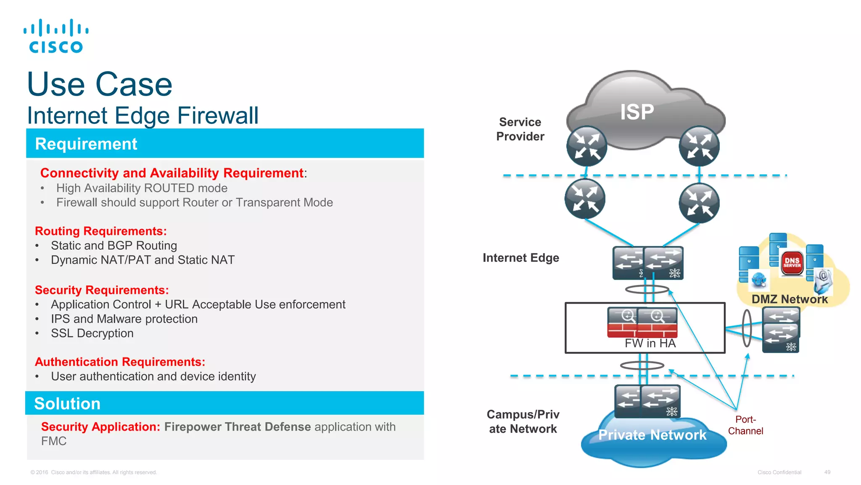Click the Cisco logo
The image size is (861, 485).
click(56, 36)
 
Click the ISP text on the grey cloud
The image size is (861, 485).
click(637, 112)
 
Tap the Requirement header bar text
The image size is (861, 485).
click(86, 144)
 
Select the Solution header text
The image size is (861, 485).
click(67, 404)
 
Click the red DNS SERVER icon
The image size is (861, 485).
click(792, 263)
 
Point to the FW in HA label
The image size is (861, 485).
click(650, 344)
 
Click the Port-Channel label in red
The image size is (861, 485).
click(745, 425)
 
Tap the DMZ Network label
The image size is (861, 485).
click(790, 299)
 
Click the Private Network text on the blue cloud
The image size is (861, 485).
click(652, 435)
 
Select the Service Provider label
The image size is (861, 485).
click(520, 129)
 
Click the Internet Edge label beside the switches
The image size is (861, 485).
click(521, 258)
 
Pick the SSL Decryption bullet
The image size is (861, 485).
click(92, 333)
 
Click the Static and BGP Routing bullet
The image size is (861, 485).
click(114, 245)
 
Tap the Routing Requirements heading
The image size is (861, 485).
click(101, 231)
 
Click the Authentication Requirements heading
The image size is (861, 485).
click(120, 362)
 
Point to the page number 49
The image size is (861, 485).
click(827, 472)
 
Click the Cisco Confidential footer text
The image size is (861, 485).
click(779, 472)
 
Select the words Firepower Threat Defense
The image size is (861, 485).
click(238, 427)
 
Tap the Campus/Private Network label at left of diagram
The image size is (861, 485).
click(523, 422)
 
